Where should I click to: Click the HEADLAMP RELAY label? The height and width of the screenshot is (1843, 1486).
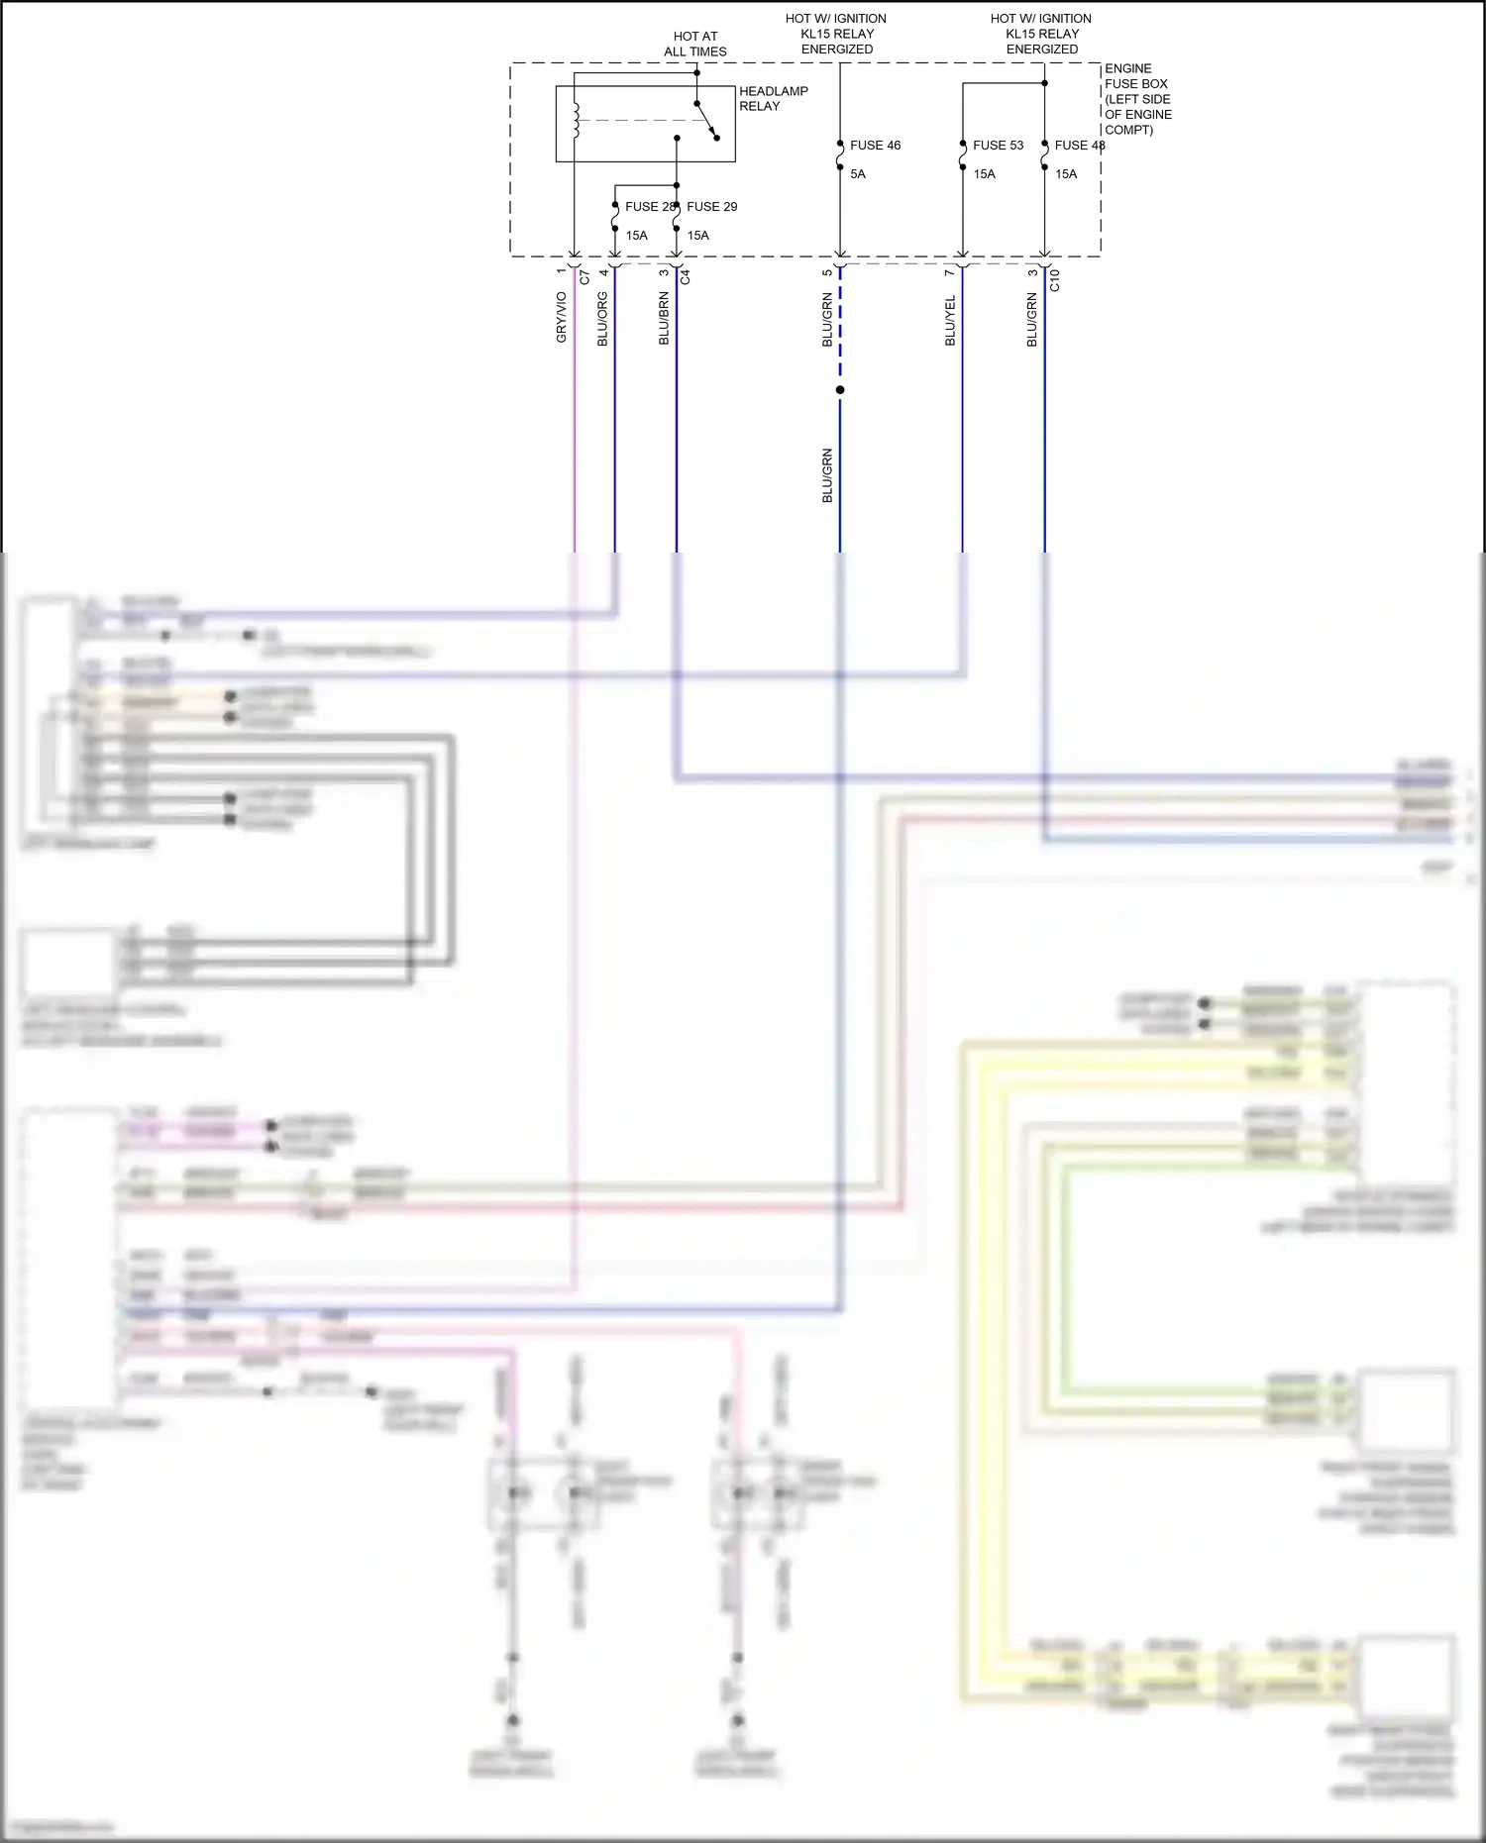coord(773,98)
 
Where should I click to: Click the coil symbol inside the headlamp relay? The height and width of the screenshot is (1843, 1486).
coord(576,120)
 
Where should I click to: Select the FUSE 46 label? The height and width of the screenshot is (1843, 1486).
coord(875,146)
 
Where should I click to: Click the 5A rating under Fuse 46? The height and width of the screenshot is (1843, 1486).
coord(858,174)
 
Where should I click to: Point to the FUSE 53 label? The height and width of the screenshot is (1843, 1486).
coord(998,146)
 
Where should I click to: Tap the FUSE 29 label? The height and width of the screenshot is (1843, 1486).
coord(712,207)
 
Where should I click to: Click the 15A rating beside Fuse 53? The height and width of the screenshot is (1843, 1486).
coord(984,174)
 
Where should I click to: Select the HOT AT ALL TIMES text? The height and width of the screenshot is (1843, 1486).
coord(695,44)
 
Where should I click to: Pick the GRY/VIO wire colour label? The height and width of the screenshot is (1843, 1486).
coord(562,318)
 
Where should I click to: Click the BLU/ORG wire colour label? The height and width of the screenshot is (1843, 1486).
coord(602,319)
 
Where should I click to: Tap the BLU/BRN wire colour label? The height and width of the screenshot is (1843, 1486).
coord(664,319)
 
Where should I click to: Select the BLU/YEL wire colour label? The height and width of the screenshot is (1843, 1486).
coord(950,320)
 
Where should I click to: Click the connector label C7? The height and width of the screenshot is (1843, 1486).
coord(584,277)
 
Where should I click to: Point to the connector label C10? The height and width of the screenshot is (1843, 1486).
coord(1055,280)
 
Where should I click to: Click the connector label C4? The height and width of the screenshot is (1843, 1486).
coord(685,277)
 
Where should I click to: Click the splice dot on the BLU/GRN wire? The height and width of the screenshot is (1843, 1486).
coord(840,390)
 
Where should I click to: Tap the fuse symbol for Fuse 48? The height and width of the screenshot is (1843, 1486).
coord(1045,155)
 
